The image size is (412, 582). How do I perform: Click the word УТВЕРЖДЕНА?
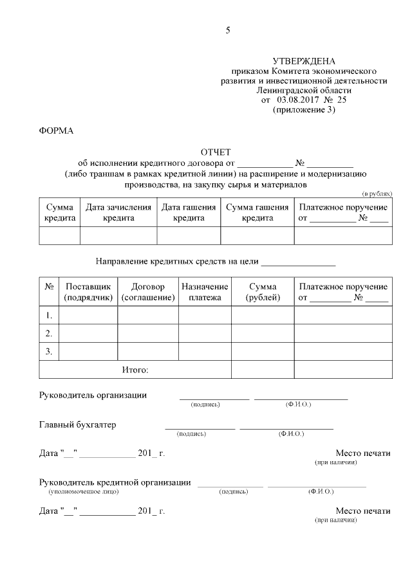(x=304, y=61)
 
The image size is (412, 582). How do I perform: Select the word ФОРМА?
(x=57, y=131)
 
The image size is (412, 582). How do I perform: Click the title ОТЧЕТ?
(x=215, y=152)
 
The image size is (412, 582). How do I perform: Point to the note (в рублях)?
(x=377, y=193)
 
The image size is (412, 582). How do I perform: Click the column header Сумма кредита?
(x=60, y=212)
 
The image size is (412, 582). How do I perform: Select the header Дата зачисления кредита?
(x=118, y=212)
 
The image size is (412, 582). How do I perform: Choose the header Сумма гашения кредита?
(x=257, y=212)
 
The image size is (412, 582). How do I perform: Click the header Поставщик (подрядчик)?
(x=88, y=292)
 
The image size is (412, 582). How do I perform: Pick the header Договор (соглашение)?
(x=148, y=292)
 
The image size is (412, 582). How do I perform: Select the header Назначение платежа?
(x=205, y=292)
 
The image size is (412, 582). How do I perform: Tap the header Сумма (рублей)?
(x=263, y=292)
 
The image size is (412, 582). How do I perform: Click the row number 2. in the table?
(x=49, y=333)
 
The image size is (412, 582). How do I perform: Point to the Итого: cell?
(x=135, y=370)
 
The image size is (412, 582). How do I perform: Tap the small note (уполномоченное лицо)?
(x=84, y=491)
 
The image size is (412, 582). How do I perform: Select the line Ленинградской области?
(x=304, y=91)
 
